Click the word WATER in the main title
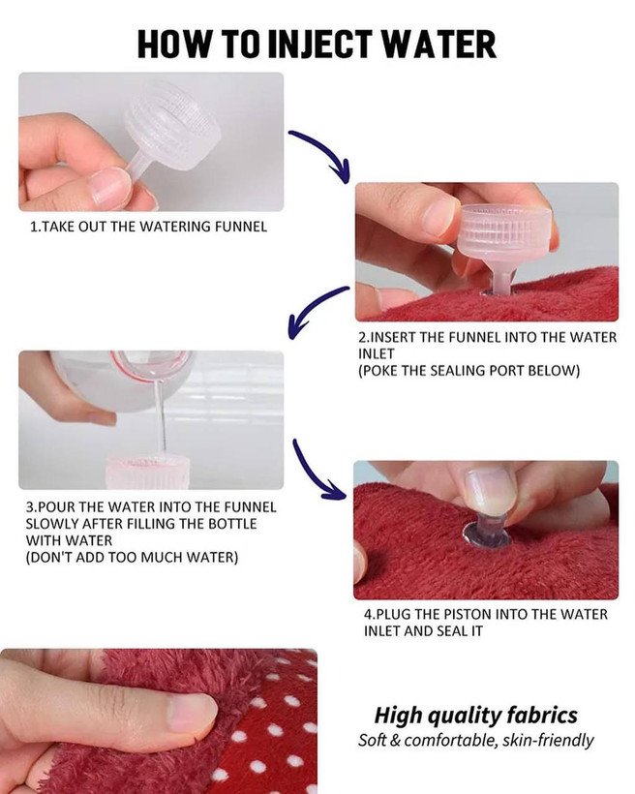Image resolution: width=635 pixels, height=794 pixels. [x=438, y=44]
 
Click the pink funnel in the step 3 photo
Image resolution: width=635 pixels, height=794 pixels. [x=147, y=472]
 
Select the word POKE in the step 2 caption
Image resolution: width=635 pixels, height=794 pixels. [x=380, y=371]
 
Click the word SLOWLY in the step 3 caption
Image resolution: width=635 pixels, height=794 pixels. [x=50, y=524]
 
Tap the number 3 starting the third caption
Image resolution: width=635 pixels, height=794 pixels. [x=29, y=506]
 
